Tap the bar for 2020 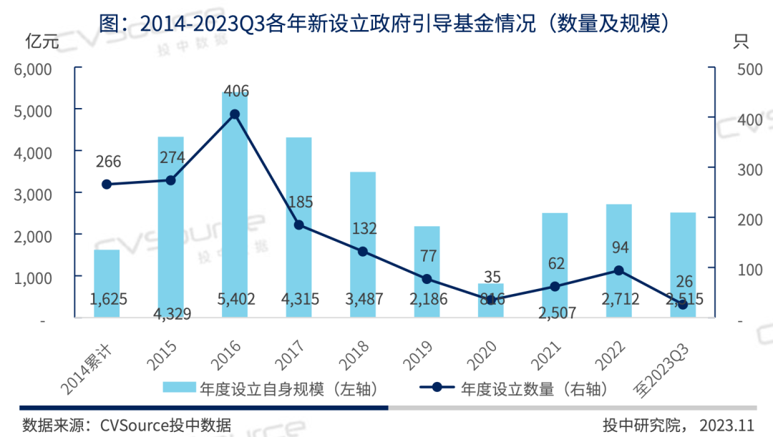pos(491,300)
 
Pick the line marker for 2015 pos(170,180)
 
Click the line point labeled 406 pos(235,114)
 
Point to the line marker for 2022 pos(619,270)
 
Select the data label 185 pos(298,202)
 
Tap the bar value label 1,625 pos(108,299)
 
